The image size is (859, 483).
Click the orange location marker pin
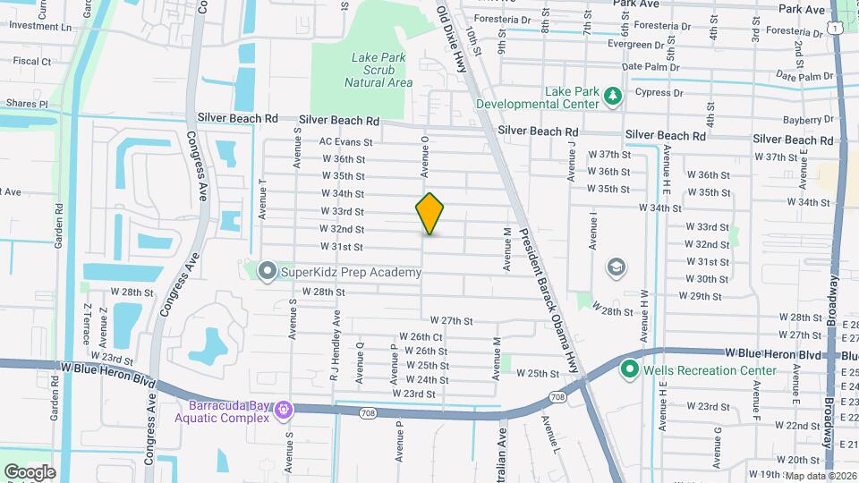(x=430, y=213)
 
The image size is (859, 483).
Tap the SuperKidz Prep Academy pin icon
(x=267, y=271)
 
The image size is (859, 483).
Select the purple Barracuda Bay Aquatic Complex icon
(x=285, y=409)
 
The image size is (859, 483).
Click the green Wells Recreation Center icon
(x=629, y=369)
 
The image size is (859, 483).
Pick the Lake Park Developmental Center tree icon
(x=613, y=95)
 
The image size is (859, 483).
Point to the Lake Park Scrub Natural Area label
(x=378, y=70)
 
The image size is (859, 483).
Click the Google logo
(x=30, y=471)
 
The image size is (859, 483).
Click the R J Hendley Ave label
(x=336, y=347)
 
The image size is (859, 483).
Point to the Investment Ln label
(x=39, y=26)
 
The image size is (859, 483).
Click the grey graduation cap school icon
(x=616, y=266)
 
